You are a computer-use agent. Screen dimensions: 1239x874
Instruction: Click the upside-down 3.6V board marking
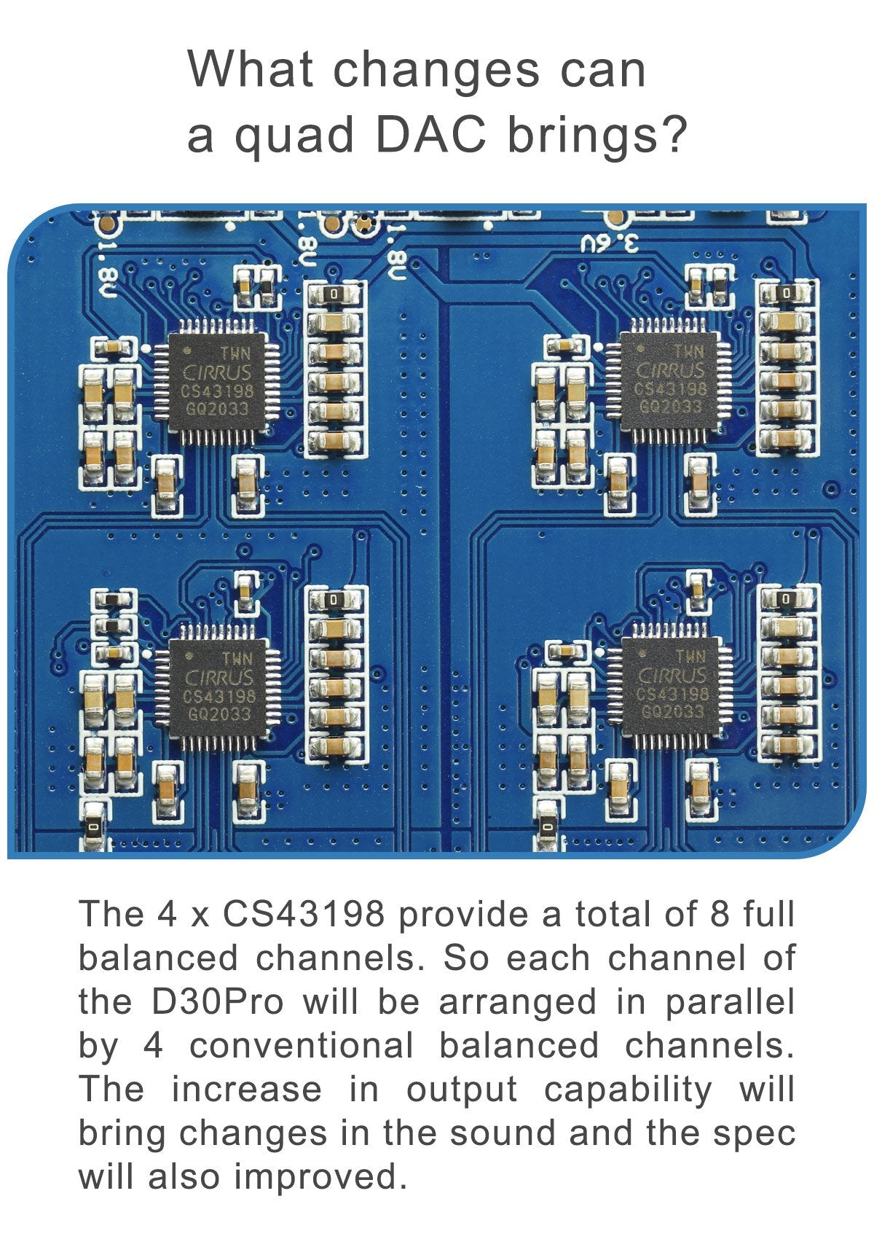(609, 243)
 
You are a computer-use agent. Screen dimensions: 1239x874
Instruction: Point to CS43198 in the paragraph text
(303, 914)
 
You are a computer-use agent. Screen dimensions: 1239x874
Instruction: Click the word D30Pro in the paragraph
(218, 1001)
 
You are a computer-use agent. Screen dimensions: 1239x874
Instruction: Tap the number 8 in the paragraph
(719, 914)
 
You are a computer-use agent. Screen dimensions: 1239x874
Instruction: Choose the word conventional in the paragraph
(302, 1046)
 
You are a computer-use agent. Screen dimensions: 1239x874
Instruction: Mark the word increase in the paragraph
(246, 1090)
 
